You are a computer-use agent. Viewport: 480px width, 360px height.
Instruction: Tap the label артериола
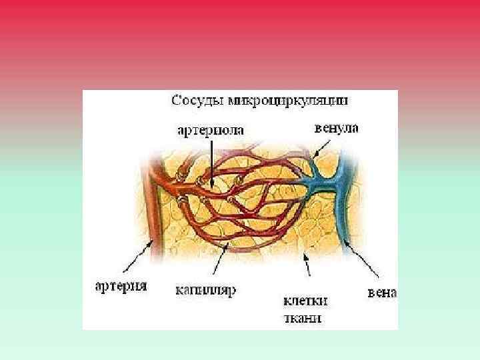(211, 131)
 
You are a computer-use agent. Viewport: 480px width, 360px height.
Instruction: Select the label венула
(336, 128)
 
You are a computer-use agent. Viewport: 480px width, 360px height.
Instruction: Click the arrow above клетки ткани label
(307, 265)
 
